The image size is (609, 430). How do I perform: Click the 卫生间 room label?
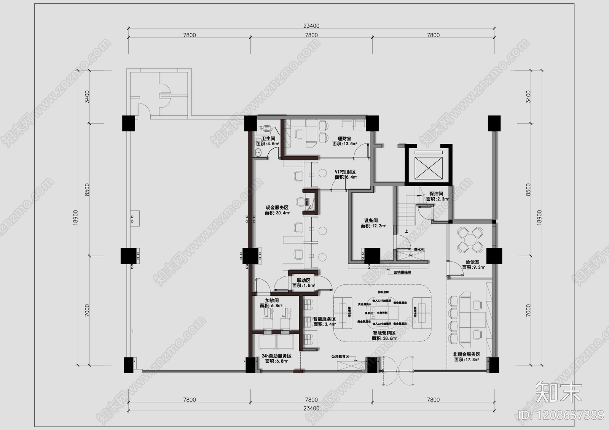click(268, 139)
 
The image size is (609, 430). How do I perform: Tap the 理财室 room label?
click(344, 139)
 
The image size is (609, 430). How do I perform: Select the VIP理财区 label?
click(345, 172)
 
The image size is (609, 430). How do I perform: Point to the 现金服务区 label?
click(277, 208)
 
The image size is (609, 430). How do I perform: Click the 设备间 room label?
click(371, 221)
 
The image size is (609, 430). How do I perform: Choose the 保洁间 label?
click(436, 194)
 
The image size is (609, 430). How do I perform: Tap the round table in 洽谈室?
click(471, 240)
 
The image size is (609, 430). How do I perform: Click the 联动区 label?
click(303, 281)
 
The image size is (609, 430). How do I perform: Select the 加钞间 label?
click(271, 300)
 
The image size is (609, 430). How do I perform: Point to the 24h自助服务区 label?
click(276, 356)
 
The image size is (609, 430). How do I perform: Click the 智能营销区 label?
click(384, 333)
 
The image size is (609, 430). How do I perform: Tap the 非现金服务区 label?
click(466, 354)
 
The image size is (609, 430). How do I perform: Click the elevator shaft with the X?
click(428, 167)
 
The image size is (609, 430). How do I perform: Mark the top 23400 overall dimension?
click(311, 26)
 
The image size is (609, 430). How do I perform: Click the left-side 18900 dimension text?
click(75, 217)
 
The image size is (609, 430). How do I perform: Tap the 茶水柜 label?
click(419, 250)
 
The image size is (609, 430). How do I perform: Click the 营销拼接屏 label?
click(402, 272)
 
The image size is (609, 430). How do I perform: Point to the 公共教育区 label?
click(340, 357)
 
